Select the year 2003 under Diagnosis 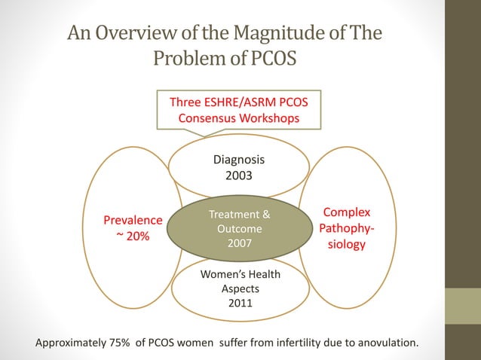tap(239, 175)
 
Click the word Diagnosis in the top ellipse tap(239, 160)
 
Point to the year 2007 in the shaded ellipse tap(239, 243)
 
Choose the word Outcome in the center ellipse tap(239, 229)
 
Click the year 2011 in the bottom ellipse tap(240, 304)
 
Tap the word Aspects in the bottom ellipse tap(240, 289)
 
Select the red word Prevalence tap(133, 221)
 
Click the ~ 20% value tap(128, 236)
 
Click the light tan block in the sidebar tap(463, 306)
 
